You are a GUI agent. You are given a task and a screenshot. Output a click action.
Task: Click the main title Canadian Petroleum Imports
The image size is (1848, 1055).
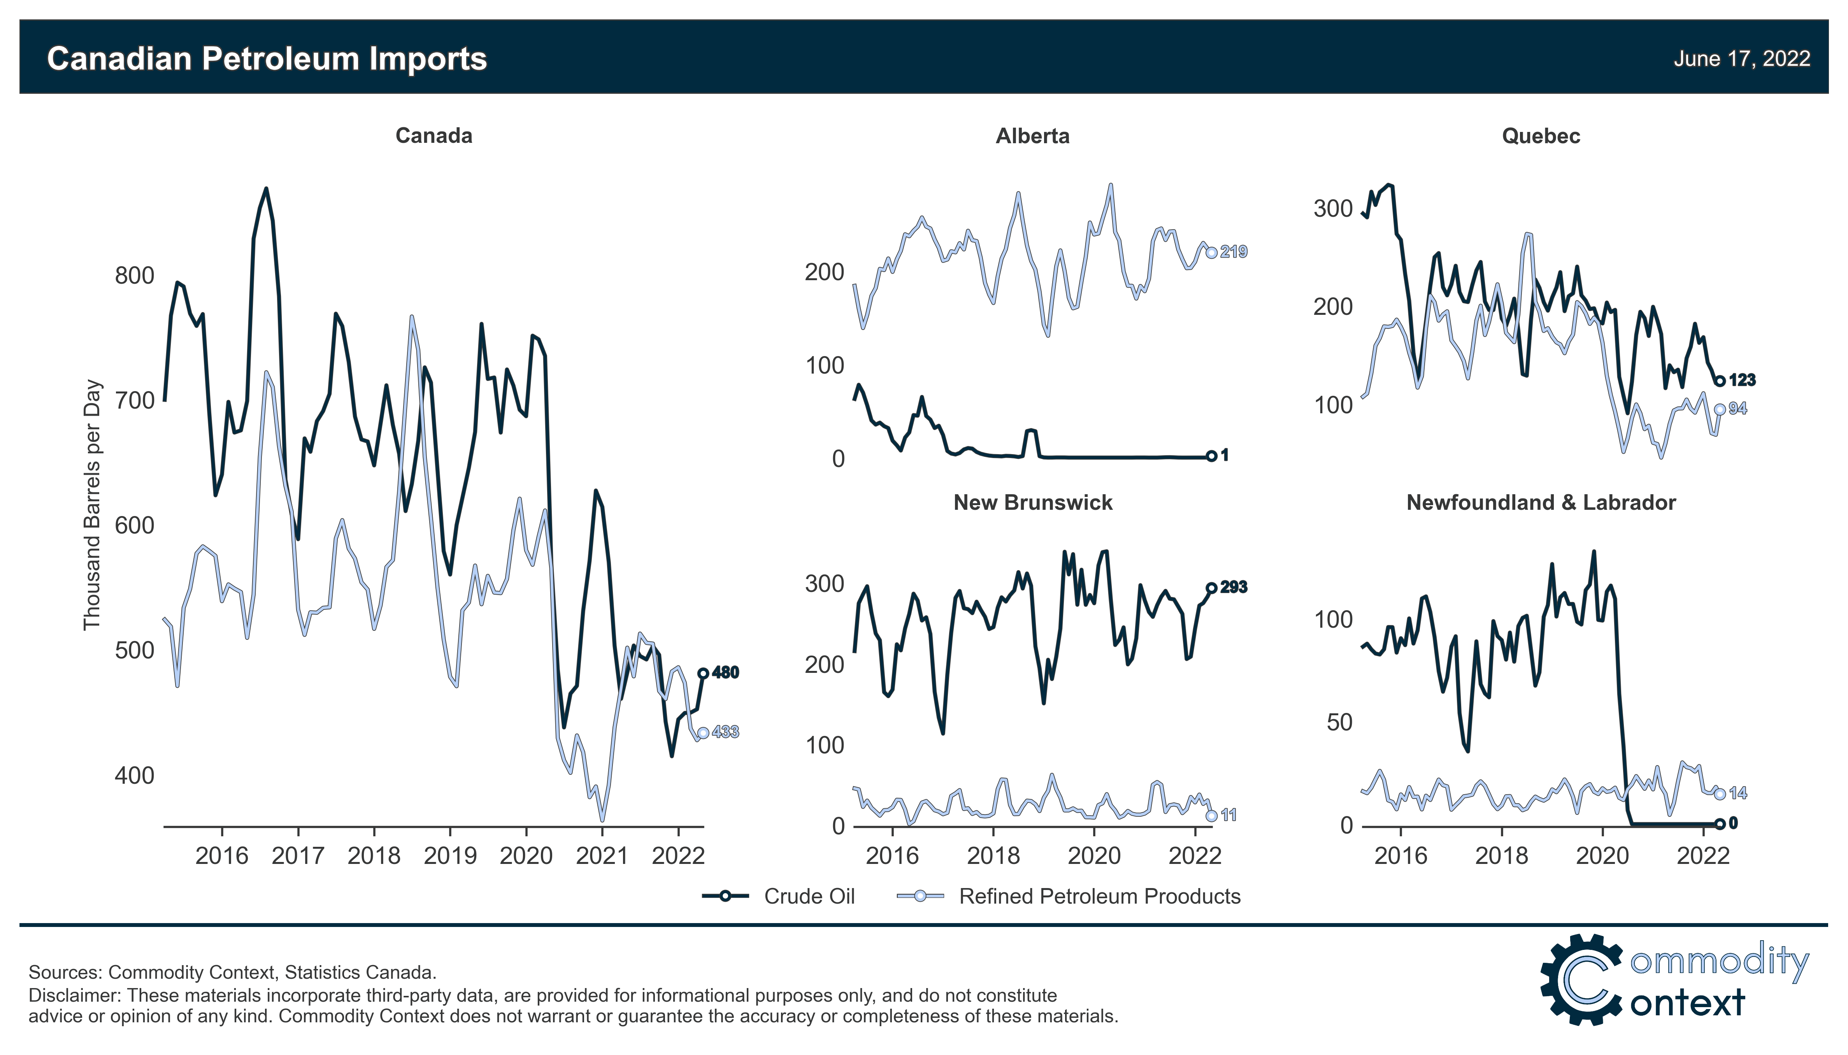[x=267, y=59]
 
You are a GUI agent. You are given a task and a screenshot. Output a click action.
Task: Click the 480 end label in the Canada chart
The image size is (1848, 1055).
[x=725, y=672]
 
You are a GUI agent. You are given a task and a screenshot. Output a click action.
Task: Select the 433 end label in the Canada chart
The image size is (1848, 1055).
[x=725, y=732]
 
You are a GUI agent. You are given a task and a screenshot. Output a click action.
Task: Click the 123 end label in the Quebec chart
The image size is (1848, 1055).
[x=1741, y=381]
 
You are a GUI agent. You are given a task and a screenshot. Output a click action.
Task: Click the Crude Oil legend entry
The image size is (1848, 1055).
[x=809, y=896]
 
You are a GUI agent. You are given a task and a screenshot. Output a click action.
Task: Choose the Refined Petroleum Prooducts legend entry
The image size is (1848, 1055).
[x=1099, y=896]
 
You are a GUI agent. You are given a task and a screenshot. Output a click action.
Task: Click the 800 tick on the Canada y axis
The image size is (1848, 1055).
[x=135, y=276]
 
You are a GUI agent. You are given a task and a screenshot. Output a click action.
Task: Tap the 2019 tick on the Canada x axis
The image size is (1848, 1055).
[x=450, y=856]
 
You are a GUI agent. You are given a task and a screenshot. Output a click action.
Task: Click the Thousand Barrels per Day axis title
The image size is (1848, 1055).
[x=91, y=505]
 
